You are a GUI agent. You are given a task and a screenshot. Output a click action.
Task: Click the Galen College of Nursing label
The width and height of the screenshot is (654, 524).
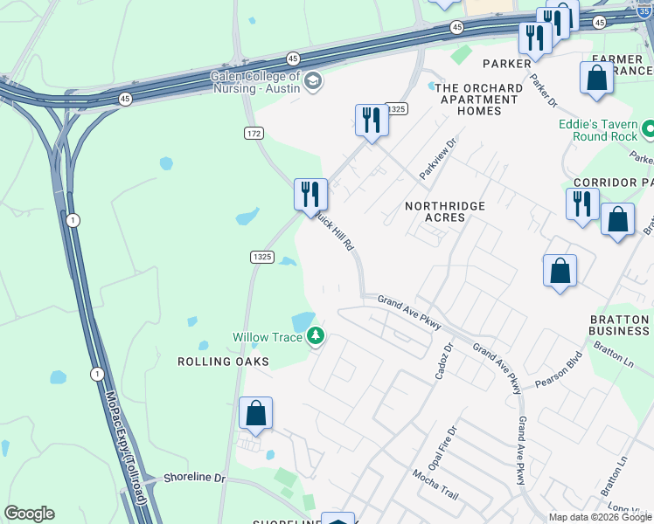click(x=254, y=81)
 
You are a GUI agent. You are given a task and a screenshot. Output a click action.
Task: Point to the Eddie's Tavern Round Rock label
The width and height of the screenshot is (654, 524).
click(x=600, y=130)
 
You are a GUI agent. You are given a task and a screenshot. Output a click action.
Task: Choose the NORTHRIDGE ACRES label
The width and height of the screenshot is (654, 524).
click(x=445, y=211)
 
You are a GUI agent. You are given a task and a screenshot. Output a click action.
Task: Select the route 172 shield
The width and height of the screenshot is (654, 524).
click(x=254, y=133)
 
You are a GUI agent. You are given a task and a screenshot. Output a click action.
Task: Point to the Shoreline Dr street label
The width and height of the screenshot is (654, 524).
click(x=194, y=479)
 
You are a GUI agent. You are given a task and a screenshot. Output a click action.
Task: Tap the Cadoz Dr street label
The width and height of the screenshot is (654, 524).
click(x=443, y=360)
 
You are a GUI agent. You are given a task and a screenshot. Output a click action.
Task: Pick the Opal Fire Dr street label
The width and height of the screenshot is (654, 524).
click(x=451, y=445)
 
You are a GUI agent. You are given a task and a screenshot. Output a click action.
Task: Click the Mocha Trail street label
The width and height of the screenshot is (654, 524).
click(x=436, y=484)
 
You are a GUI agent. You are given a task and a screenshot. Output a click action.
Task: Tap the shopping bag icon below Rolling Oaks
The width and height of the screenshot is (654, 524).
click(x=255, y=413)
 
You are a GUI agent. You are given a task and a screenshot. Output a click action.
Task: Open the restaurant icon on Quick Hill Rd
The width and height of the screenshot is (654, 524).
click(x=310, y=194)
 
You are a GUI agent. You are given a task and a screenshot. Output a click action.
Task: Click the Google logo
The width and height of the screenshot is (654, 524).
click(x=29, y=514)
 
